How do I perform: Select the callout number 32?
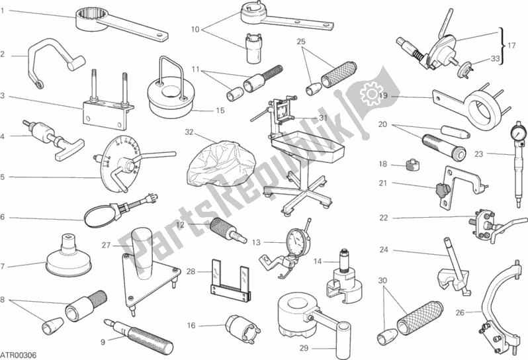tap(189, 132)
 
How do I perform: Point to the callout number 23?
tap(478, 154)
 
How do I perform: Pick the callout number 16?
tap(191, 325)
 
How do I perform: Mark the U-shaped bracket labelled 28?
tap(231, 281)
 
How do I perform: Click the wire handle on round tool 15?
tap(169, 69)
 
